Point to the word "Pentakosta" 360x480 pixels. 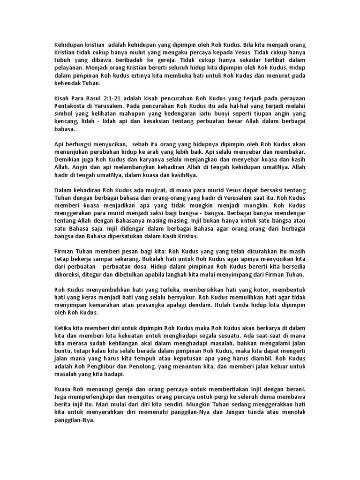point(67,106)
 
